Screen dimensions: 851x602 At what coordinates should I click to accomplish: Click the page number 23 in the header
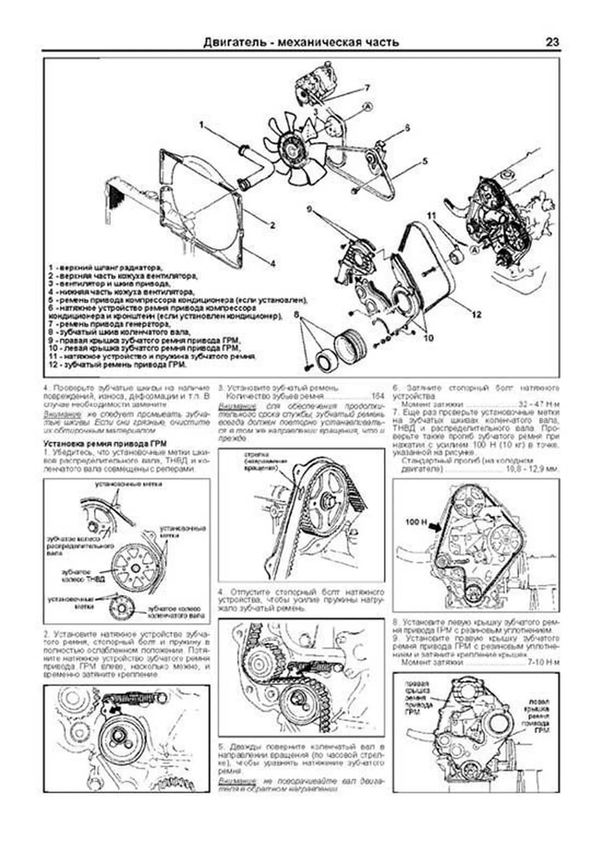[552, 42]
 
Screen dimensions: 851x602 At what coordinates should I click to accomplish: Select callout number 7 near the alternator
[367, 88]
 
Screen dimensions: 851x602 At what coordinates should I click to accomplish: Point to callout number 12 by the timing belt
[476, 314]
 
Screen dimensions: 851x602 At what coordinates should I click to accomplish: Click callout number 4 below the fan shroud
[272, 263]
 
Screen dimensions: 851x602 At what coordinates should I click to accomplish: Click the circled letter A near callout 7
[367, 106]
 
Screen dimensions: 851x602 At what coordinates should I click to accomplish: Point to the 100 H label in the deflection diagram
[415, 522]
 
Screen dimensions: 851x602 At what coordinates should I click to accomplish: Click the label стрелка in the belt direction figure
[255, 454]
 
